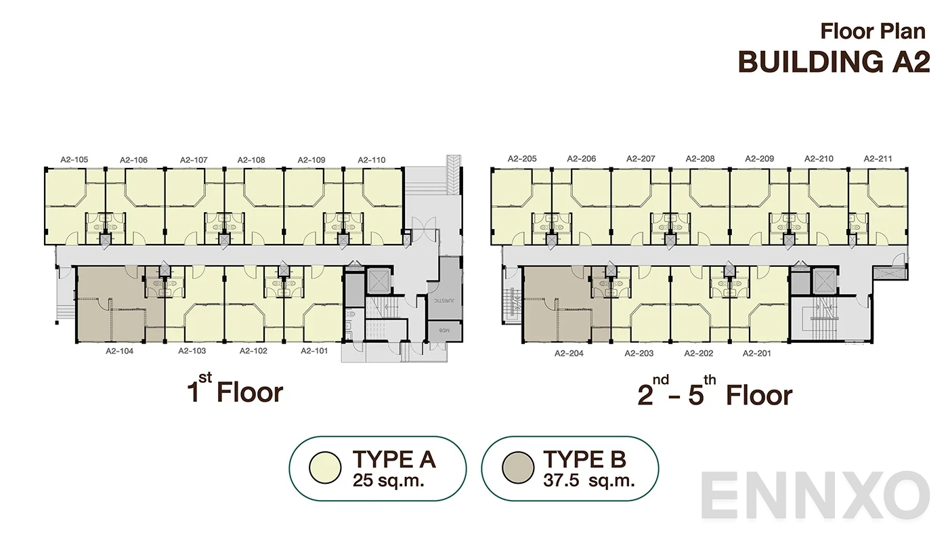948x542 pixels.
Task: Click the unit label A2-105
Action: pyautogui.click(x=74, y=160)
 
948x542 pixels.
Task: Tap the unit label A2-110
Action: pyautogui.click(x=372, y=160)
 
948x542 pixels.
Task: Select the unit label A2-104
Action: pyautogui.click(x=119, y=351)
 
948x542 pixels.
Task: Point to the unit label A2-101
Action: pyautogui.click(x=314, y=351)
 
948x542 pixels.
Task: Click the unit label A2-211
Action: pyautogui.click(x=878, y=159)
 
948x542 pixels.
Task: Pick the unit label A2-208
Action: pyautogui.click(x=700, y=159)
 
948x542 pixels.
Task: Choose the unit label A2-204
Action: pyautogui.click(x=569, y=353)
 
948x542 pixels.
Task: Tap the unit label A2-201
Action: pyautogui.click(x=757, y=353)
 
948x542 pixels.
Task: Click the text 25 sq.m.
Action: pyautogui.click(x=393, y=481)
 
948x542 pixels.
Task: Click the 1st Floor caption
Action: pyautogui.click(x=235, y=392)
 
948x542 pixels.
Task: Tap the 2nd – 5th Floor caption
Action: pyautogui.click(x=714, y=395)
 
